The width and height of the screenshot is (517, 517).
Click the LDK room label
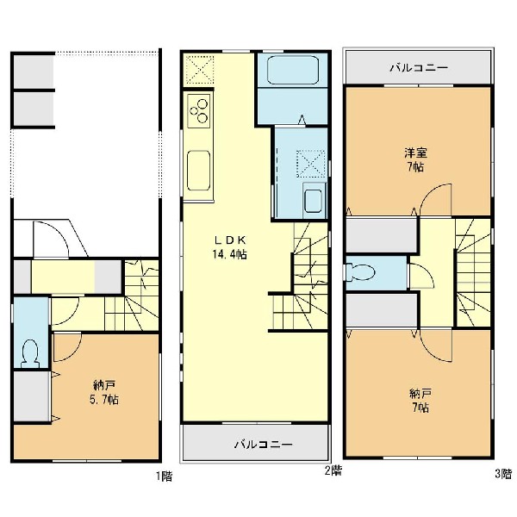[x=230, y=240]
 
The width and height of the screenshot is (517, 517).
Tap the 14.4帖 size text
[x=230, y=254]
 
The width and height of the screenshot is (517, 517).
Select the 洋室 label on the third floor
[x=416, y=153]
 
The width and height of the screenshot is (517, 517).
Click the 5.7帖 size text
[x=104, y=400]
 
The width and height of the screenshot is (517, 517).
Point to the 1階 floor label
[x=165, y=477]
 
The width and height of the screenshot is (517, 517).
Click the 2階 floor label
[x=333, y=470]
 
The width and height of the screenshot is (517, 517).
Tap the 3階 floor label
[x=503, y=474]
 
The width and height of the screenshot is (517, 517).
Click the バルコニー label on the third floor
[x=419, y=68]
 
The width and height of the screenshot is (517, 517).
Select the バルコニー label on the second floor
[x=264, y=445]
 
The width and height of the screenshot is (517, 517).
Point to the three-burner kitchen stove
[x=199, y=111]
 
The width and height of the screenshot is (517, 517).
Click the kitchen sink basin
[x=198, y=171]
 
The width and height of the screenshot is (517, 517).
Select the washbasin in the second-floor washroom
[x=313, y=201]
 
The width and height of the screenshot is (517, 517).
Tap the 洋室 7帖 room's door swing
[x=435, y=200]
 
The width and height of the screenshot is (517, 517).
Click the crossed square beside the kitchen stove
[x=200, y=69]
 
